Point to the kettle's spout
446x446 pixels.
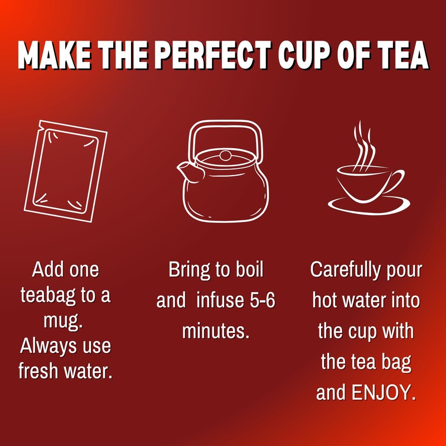[186, 171]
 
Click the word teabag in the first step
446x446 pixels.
[49, 295]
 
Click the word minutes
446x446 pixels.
[215, 331]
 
